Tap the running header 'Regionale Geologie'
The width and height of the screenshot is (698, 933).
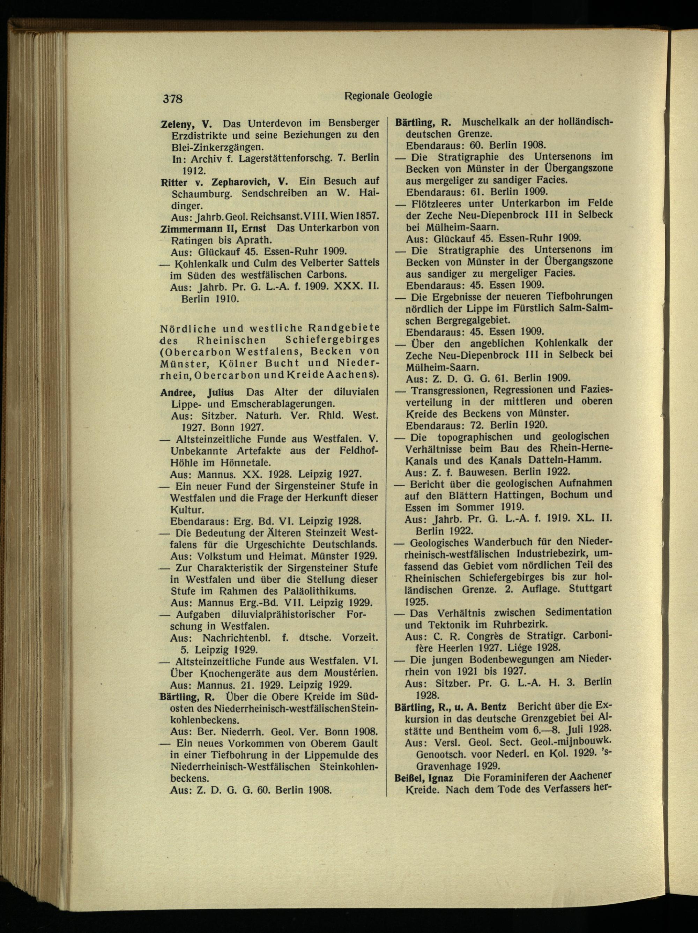[388, 96]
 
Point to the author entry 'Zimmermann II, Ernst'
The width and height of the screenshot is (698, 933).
[213, 228]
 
